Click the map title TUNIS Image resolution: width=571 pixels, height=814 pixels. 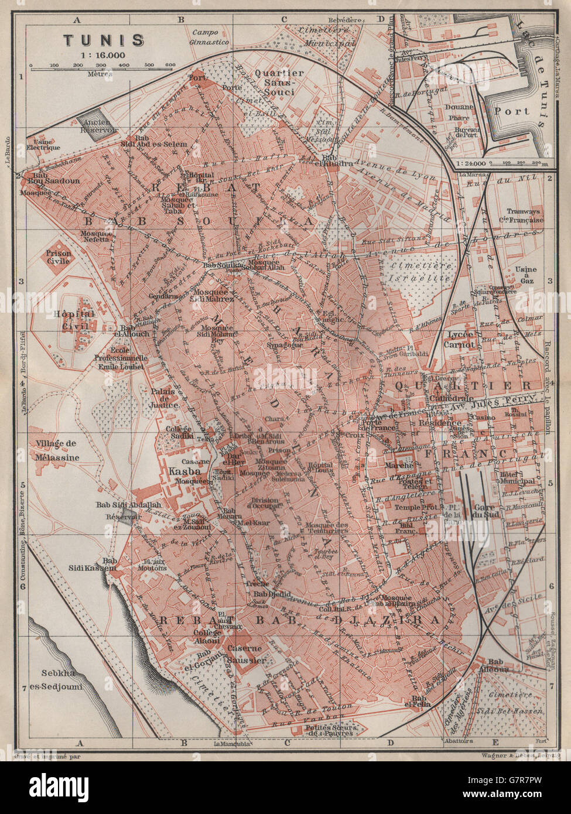point(104,40)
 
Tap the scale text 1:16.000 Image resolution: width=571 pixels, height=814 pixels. point(104,54)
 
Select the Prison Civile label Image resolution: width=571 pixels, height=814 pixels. point(59,257)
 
